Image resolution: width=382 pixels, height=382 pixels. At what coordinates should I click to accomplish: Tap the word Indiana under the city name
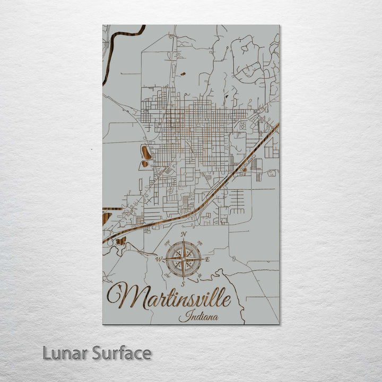pyautogui.click(x=193, y=317)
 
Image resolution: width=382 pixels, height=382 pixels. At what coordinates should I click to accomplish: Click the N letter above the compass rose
pyautogui.click(x=184, y=234)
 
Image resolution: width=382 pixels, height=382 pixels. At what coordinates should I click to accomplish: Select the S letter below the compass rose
pyautogui.click(x=183, y=284)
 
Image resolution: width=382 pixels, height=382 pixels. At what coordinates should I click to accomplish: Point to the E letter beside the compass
pyautogui.click(x=207, y=259)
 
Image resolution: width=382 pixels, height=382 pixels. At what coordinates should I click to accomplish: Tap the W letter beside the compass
pyautogui.click(x=158, y=259)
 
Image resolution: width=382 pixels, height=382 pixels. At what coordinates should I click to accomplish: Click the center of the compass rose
pyautogui.click(x=184, y=259)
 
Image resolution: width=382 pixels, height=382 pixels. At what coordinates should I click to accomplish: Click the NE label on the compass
pyautogui.click(x=199, y=243)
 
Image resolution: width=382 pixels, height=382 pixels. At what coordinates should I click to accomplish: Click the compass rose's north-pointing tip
pyautogui.click(x=184, y=239)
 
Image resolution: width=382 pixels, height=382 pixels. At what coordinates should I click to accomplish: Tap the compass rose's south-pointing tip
pyautogui.click(x=184, y=279)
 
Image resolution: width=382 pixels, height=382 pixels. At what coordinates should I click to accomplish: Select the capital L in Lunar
pyautogui.click(x=47, y=353)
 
